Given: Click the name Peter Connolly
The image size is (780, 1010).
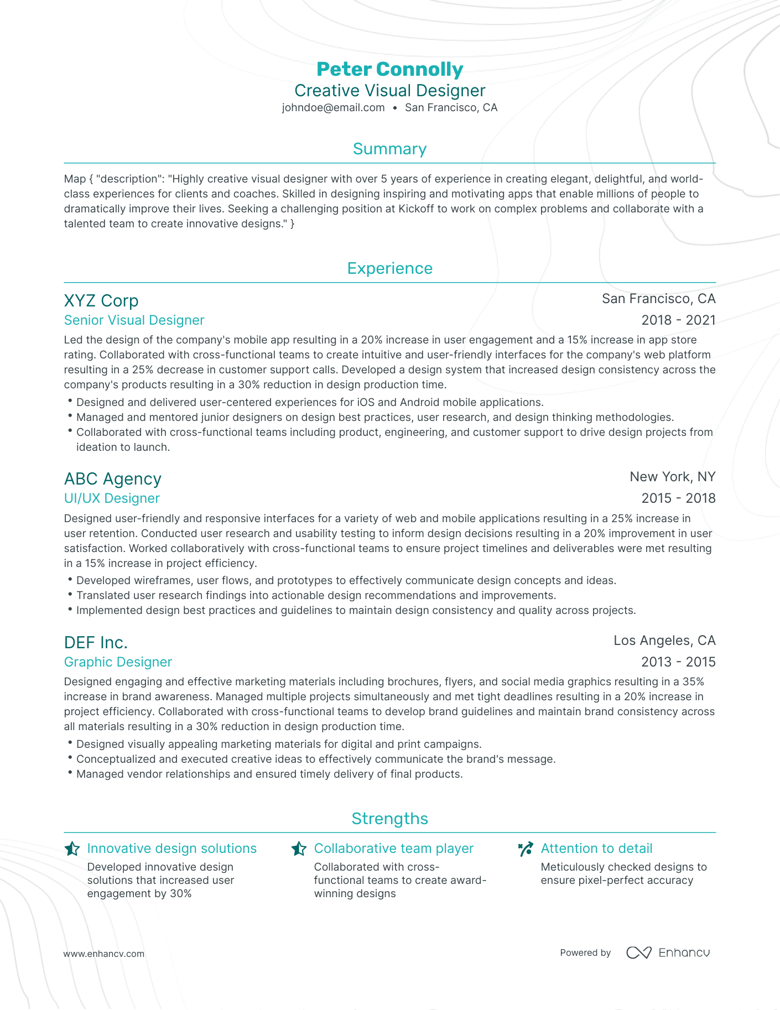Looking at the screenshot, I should [389, 69].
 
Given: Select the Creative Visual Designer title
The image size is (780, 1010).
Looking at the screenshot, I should [389, 91].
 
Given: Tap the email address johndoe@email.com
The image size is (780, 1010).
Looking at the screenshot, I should [333, 108].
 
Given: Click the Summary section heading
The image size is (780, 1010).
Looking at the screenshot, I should [389, 149].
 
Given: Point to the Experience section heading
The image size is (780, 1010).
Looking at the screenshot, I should [389, 268].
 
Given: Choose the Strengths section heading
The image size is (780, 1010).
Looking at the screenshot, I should [389, 819].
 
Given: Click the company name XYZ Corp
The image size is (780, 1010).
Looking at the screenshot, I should [101, 301].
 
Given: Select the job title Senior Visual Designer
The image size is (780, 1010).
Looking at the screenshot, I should [134, 320].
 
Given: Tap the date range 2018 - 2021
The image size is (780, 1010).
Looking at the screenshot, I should [678, 320].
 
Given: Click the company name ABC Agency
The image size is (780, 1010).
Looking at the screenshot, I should [113, 479].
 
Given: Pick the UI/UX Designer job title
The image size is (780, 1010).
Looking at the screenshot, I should [112, 498].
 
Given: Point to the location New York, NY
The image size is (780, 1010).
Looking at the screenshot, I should [672, 477].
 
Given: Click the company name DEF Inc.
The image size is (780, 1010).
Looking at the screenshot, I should [96, 643].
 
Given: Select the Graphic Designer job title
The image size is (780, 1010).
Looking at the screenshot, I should [118, 662].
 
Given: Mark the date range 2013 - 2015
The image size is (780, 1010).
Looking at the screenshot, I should [678, 662].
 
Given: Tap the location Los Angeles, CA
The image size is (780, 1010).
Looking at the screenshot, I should [664, 641].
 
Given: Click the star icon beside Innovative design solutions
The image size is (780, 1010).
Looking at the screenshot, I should [72, 849].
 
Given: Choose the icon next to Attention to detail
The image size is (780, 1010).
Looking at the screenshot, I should [526, 849].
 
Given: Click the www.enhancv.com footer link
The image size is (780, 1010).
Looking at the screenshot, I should [104, 954].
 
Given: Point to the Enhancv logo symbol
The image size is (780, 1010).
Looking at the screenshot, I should [639, 952].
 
